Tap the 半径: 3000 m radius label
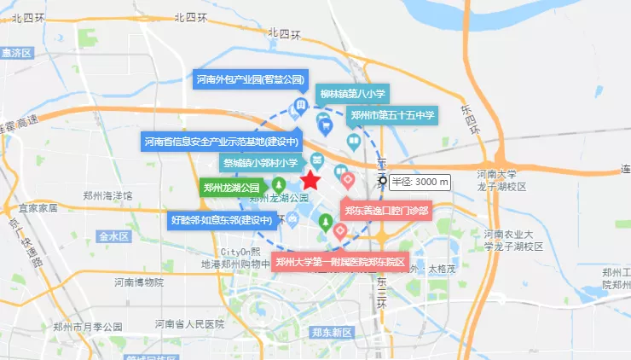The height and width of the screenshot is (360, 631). click(420, 182)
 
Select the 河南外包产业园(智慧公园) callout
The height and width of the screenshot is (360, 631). click(250, 80)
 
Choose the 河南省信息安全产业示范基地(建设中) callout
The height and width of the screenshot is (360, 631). click(222, 142)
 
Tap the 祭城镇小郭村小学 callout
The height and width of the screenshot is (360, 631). click(260, 162)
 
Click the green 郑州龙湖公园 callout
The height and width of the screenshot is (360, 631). click(231, 187)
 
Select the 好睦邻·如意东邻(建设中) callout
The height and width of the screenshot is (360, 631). click(222, 220)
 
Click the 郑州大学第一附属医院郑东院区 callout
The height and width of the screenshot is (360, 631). click(340, 262)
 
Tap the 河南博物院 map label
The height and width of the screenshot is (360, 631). click(139, 282)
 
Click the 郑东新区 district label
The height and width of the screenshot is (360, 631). click(332, 332)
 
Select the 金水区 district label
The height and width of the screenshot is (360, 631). click(113, 235)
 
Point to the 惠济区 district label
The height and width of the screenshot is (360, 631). click(16, 53)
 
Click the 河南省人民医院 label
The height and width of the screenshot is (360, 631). click(189, 324)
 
